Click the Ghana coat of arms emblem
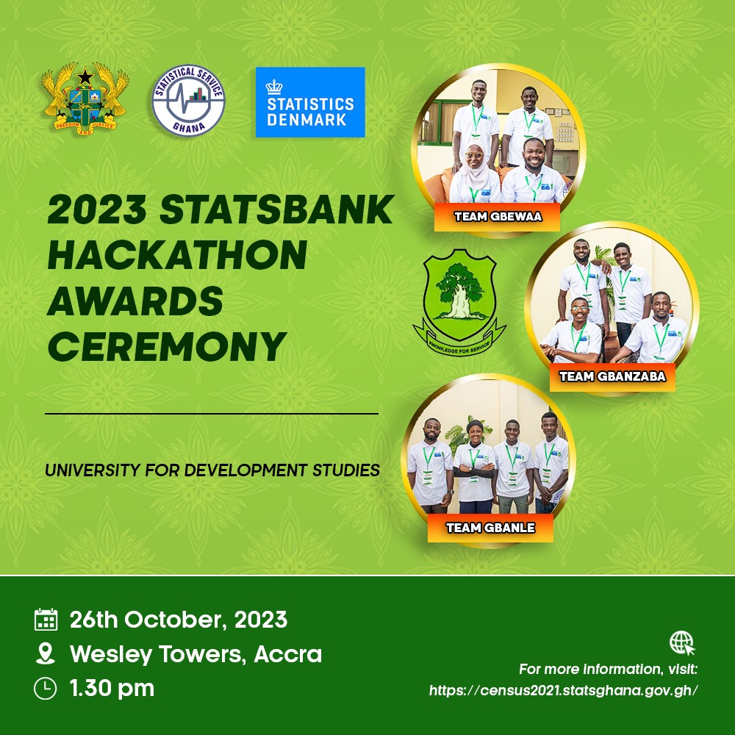[x=85, y=99]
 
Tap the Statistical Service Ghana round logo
[x=188, y=100]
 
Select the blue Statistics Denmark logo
[x=310, y=102]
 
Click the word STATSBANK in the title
[x=276, y=209]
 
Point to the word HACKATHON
[x=177, y=255]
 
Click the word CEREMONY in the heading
[x=167, y=347]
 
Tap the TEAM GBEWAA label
[x=498, y=217]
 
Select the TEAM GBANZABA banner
[x=612, y=377]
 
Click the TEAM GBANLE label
[x=490, y=528]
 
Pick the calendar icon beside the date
[x=46, y=619]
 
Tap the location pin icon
[x=46, y=653]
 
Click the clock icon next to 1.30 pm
[x=46, y=689]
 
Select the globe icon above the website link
[x=682, y=642]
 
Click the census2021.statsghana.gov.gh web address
[x=564, y=690]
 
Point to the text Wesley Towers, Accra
[x=196, y=654]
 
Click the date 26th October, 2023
[x=179, y=620]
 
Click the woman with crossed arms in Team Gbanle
[x=475, y=467]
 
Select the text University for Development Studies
[x=212, y=470]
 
